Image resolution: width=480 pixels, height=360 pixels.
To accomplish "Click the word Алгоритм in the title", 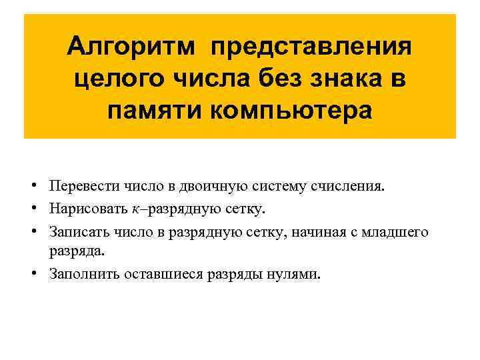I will coord(132,48).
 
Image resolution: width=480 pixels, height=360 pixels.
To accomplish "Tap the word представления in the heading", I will coord(311,48).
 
